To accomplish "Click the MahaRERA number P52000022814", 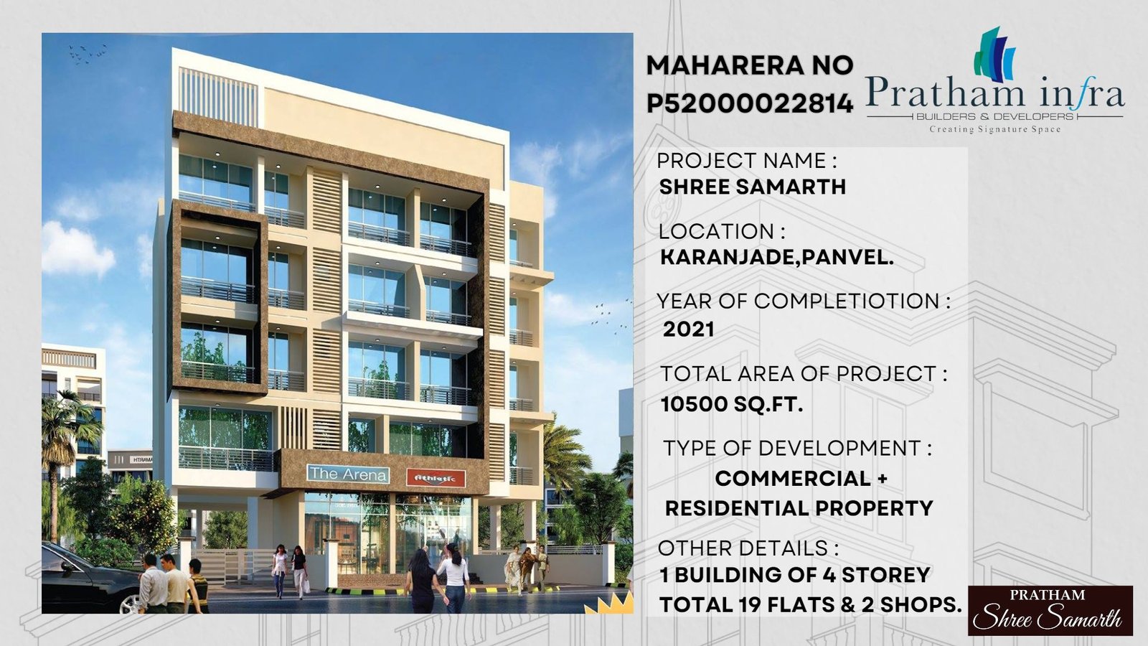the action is tap(750, 103).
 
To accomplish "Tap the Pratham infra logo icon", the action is tap(994, 55).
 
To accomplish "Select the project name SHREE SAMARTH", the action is tap(753, 187).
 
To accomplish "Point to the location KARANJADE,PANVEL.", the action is tap(776, 258).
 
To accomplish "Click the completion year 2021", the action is tap(688, 329).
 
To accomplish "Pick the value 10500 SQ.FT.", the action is tap(731, 405).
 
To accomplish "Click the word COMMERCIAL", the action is tap(792, 479).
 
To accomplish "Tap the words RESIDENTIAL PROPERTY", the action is tap(799, 509).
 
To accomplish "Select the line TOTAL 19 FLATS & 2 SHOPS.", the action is tap(810, 605).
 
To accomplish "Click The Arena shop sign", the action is tap(347, 474).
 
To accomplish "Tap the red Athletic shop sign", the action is tap(436, 479).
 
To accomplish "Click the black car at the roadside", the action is tap(90, 579).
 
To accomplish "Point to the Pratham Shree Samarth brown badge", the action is tap(1050, 611).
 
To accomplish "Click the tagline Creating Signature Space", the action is tap(994, 129).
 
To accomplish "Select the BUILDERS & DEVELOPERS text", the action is tap(994, 116).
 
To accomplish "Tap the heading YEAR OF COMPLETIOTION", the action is tap(803, 301).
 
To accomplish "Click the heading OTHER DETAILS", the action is tap(748, 548).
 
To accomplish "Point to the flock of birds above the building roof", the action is tap(87, 53).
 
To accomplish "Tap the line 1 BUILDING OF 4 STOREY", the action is tap(795, 575).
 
